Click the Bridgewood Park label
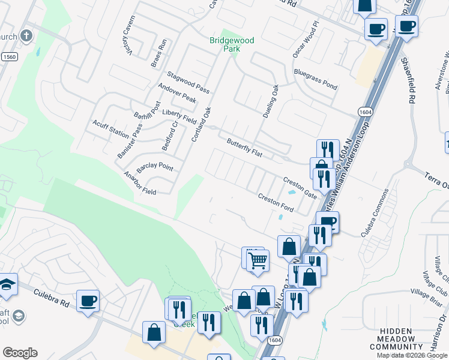[232, 44]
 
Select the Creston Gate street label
[300, 187]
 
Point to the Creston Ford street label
[276, 202]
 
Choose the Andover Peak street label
[177, 92]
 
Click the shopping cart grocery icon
[258, 260]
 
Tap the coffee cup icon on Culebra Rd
[88, 300]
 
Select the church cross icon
[26, 35]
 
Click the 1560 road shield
[8, 57]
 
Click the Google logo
[20, 353]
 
